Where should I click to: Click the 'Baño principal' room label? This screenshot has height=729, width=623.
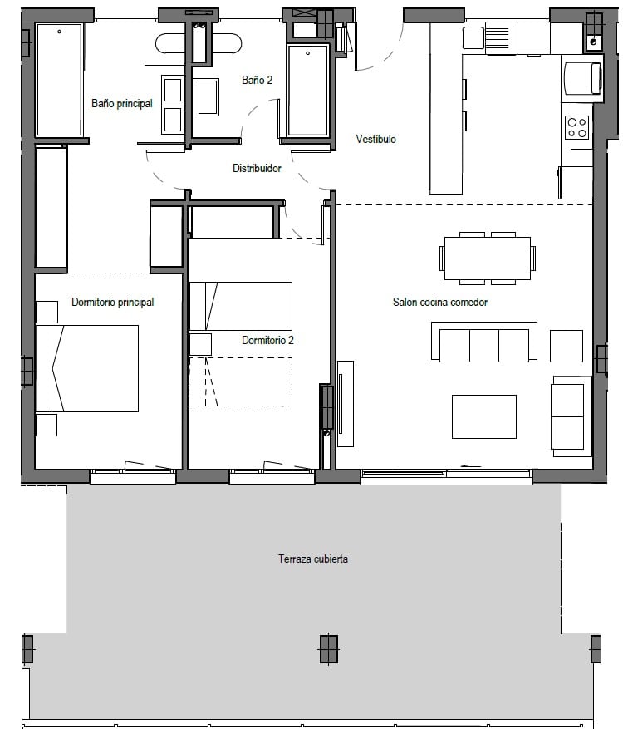click(x=122, y=103)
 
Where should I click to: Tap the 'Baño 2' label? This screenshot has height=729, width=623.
click(x=257, y=80)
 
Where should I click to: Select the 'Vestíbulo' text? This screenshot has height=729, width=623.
click(x=375, y=139)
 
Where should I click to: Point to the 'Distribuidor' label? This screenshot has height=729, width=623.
click(x=257, y=168)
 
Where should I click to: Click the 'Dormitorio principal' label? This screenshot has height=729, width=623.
click(x=112, y=303)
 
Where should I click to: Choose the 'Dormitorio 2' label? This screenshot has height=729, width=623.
click(x=267, y=340)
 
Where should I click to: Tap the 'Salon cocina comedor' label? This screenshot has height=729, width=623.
click(x=440, y=303)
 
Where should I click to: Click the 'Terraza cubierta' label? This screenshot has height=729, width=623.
click(x=313, y=559)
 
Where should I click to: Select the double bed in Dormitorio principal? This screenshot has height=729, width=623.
click(x=87, y=368)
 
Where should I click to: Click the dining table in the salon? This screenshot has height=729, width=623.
click(x=488, y=258)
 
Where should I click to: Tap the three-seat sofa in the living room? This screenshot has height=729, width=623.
click(x=484, y=342)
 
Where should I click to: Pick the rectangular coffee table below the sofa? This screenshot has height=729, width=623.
click(x=484, y=416)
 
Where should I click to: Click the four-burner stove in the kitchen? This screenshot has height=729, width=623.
click(x=577, y=128)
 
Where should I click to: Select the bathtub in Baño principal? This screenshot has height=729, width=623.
click(x=60, y=80)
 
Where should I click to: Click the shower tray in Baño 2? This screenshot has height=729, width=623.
click(x=307, y=91)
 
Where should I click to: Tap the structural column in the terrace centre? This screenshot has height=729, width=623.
click(x=328, y=648)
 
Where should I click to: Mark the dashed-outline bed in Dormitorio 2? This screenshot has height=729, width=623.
click(x=241, y=382)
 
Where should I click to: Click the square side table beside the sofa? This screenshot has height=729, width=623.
click(x=567, y=346)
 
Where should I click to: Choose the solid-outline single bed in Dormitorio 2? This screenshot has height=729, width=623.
click(x=241, y=306)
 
